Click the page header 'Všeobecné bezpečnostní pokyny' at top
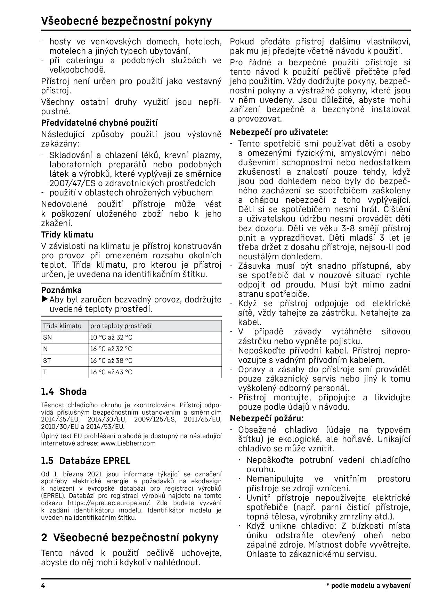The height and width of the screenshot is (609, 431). tap(126, 21)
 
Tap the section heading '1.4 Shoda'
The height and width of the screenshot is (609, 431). tap(64, 392)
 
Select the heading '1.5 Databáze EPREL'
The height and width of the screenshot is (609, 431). tap(86, 461)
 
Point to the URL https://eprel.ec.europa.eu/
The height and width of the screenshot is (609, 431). tap(109, 503)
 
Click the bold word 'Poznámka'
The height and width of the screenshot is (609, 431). tap(62, 290)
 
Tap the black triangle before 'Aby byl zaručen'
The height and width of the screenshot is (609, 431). tap(45, 299)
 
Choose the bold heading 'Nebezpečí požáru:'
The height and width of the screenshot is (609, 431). tap(267, 418)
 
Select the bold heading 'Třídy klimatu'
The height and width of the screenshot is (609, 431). tap(67, 235)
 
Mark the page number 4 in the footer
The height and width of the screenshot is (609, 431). tap(43, 586)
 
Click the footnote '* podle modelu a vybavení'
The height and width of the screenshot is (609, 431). tap(368, 586)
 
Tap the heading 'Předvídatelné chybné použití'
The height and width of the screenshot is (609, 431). tap(99, 123)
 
